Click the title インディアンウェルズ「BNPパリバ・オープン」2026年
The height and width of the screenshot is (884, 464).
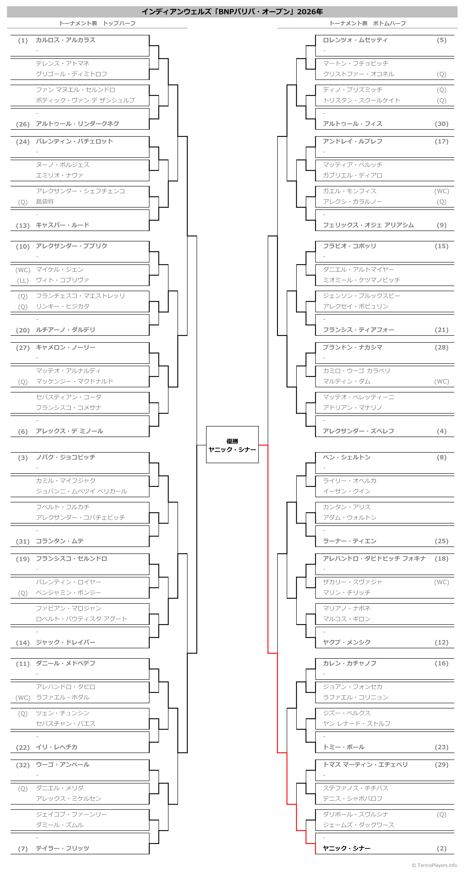pos(232,12)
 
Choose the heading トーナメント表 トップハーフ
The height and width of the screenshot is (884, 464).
pos(97,23)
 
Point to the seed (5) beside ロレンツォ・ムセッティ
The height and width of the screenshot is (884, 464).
pos(441,40)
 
